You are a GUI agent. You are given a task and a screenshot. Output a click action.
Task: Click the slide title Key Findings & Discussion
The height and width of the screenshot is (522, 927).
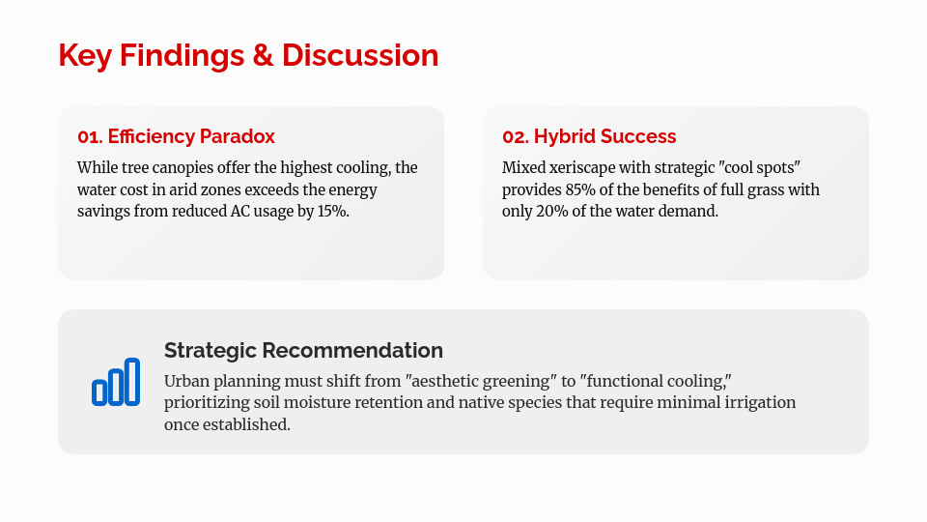pyautogui.click(x=248, y=56)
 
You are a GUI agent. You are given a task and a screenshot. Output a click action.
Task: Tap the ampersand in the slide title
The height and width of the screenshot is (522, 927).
pyautogui.click(x=263, y=56)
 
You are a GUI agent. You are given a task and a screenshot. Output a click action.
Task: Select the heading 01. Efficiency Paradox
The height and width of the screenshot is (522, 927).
pyautogui.click(x=176, y=136)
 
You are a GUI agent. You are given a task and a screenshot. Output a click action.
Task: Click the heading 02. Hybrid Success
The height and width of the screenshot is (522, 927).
pyautogui.click(x=589, y=136)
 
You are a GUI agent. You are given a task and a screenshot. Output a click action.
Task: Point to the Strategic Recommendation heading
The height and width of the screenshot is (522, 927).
pyautogui.click(x=303, y=350)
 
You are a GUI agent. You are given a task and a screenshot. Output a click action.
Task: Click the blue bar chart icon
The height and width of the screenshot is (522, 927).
pyautogui.click(x=116, y=382)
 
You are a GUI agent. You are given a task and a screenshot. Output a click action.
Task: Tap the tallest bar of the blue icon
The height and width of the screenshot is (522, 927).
pyautogui.click(x=132, y=382)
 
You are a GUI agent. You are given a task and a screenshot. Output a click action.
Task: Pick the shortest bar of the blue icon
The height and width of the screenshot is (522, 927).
pyautogui.click(x=99, y=392)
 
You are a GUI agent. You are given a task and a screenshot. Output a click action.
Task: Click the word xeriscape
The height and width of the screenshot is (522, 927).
pyautogui.click(x=581, y=168)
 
